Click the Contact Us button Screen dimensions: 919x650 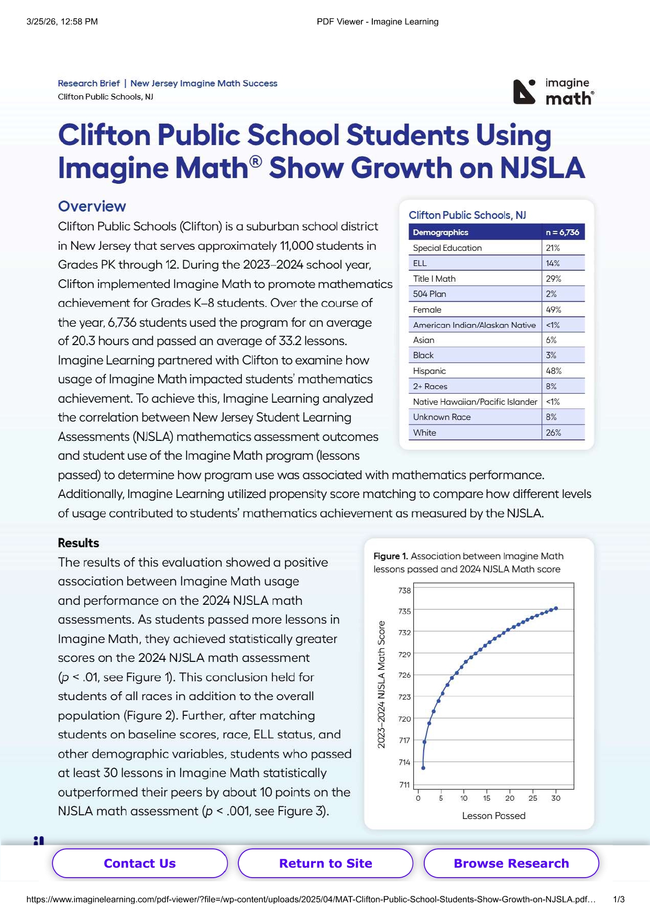(140, 863)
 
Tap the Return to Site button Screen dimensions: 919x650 (325, 863)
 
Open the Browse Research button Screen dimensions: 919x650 (511, 863)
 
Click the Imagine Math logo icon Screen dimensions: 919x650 (524, 92)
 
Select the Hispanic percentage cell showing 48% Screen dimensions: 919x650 (554, 371)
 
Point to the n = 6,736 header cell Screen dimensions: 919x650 (563, 232)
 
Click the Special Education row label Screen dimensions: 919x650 (447, 248)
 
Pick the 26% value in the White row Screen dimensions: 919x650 (554, 433)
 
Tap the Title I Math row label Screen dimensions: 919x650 (434, 279)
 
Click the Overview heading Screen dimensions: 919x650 (92, 206)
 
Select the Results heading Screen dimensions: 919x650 (79, 543)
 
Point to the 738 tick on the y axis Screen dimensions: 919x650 (404, 590)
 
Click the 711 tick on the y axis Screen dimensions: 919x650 (404, 784)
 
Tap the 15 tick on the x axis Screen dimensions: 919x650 (487, 798)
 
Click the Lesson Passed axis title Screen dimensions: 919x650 (493, 815)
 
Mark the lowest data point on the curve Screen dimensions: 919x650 (423, 768)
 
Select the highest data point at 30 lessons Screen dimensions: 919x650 (556, 608)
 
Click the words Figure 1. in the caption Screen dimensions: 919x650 (391, 556)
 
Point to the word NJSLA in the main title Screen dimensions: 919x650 (542, 168)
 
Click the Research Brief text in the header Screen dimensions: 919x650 (89, 83)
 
